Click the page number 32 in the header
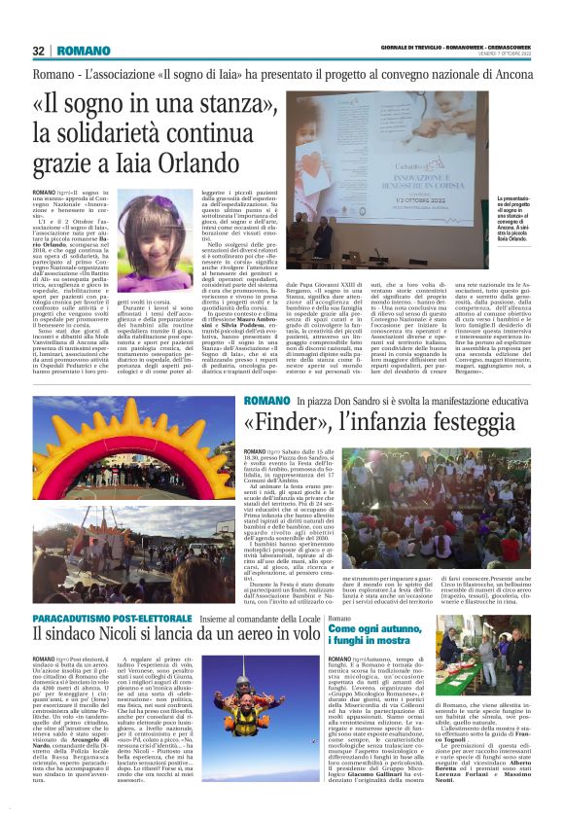(39, 51)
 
